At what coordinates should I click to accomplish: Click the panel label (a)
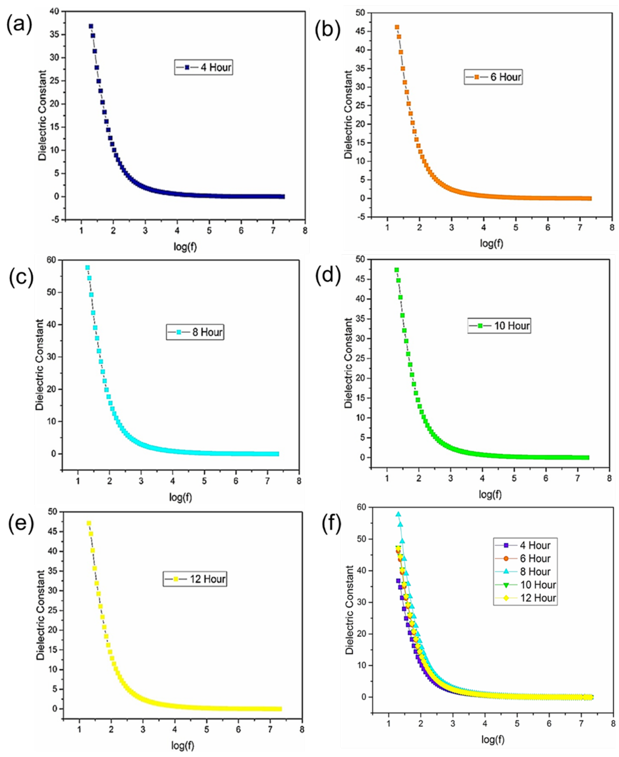point(20,25)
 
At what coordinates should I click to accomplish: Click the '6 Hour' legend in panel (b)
point(493,77)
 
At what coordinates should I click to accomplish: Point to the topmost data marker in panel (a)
point(91,26)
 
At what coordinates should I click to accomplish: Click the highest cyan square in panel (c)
point(87,267)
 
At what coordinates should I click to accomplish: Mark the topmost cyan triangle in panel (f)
point(398,514)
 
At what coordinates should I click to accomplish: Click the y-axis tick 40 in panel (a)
point(55,11)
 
